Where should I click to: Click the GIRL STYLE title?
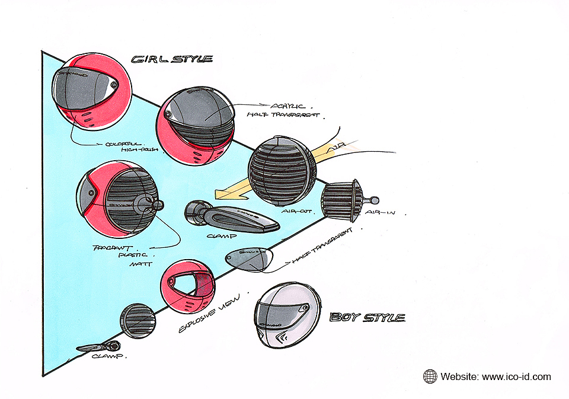tap(171, 59)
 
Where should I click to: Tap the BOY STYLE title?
tap(367, 317)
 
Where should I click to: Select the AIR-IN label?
tap(379, 212)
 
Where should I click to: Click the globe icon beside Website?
tap(430, 376)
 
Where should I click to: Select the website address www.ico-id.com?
tap(516, 376)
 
